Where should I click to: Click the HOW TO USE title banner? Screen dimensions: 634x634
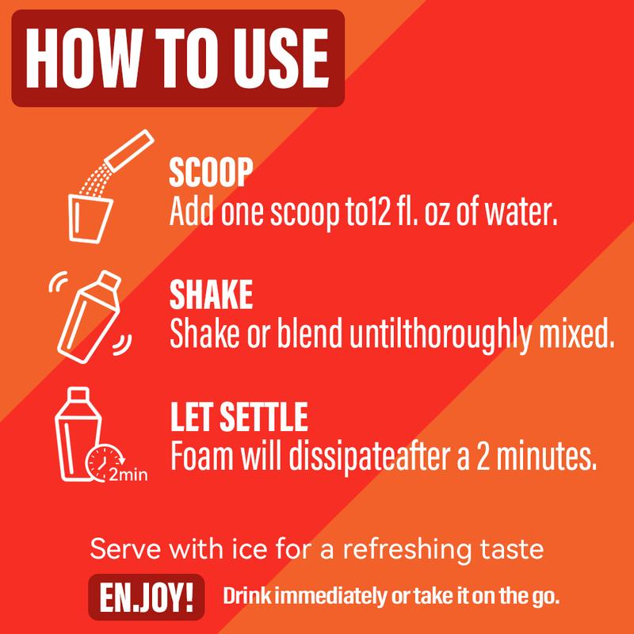click(x=178, y=58)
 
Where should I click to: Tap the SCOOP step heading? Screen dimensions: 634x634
click(x=211, y=172)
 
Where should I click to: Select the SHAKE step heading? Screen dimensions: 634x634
click(x=211, y=294)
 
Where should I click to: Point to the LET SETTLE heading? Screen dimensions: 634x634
click(x=239, y=417)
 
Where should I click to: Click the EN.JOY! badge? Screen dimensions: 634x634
click(x=147, y=597)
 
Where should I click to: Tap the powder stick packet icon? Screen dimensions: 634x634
click(x=129, y=150)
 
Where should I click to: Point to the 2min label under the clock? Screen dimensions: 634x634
click(x=128, y=475)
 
